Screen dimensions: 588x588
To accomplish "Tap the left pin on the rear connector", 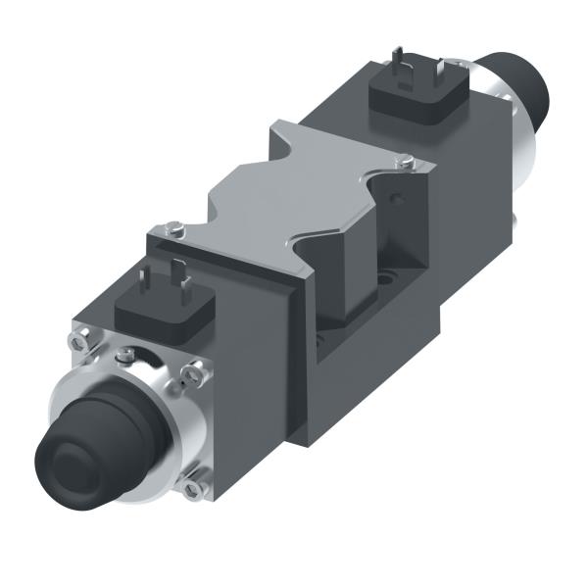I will coord(395,61).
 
